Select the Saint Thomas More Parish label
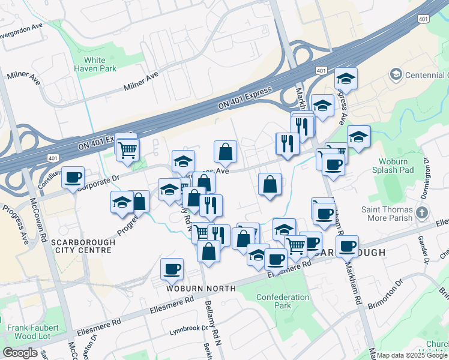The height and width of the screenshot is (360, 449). [x=387, y=214]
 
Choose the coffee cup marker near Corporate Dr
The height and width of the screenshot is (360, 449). [x=73, y=177]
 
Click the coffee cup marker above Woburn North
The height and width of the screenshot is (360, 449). [x=172, y=269]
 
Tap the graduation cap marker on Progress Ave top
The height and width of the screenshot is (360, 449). [x=346, y=79]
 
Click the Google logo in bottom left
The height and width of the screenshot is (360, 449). [x=20, y=352]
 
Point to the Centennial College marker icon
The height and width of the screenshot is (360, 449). [x=396, y=74]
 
